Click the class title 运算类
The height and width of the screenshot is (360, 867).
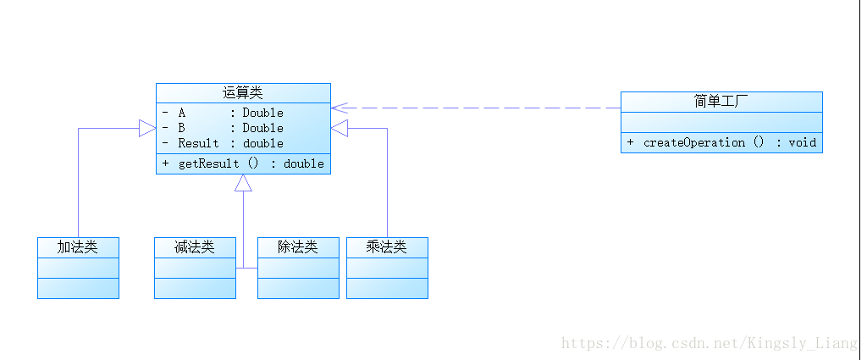click(x=243, y=92)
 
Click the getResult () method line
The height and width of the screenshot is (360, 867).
click(x=243, y=163)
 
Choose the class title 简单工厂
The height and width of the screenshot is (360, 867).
click(x=721, y=102)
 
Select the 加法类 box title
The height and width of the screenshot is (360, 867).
click(x=78, y=247)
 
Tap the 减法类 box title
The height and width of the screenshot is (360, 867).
click(x=195, y=247)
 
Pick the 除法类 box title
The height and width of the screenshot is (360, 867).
click(x=298, y=247)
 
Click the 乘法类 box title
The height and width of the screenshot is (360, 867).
click(x=387, y=247)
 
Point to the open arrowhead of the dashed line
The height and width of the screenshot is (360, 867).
click(x=338, y=108)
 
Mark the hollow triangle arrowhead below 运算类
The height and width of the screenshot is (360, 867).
click(x=243, y=183)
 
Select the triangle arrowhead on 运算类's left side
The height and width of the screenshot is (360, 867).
click(x=148, y=128)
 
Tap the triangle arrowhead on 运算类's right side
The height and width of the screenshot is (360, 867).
click(x=339, y=128)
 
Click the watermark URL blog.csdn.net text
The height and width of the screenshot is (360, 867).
click(x=710, y=343)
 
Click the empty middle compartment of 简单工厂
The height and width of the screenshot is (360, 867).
click(x=721, y=123)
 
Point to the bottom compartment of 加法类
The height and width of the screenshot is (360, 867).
click(x=78, y=288)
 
